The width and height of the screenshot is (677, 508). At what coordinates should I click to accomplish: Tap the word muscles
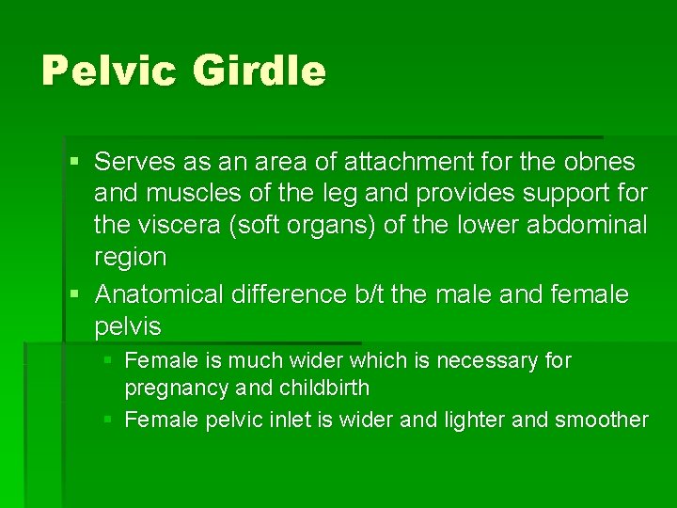(179, 194)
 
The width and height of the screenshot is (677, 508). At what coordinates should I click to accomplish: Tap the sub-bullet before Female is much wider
(109, 360)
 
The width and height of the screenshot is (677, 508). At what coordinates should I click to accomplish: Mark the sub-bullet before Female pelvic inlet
(109, 420)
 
